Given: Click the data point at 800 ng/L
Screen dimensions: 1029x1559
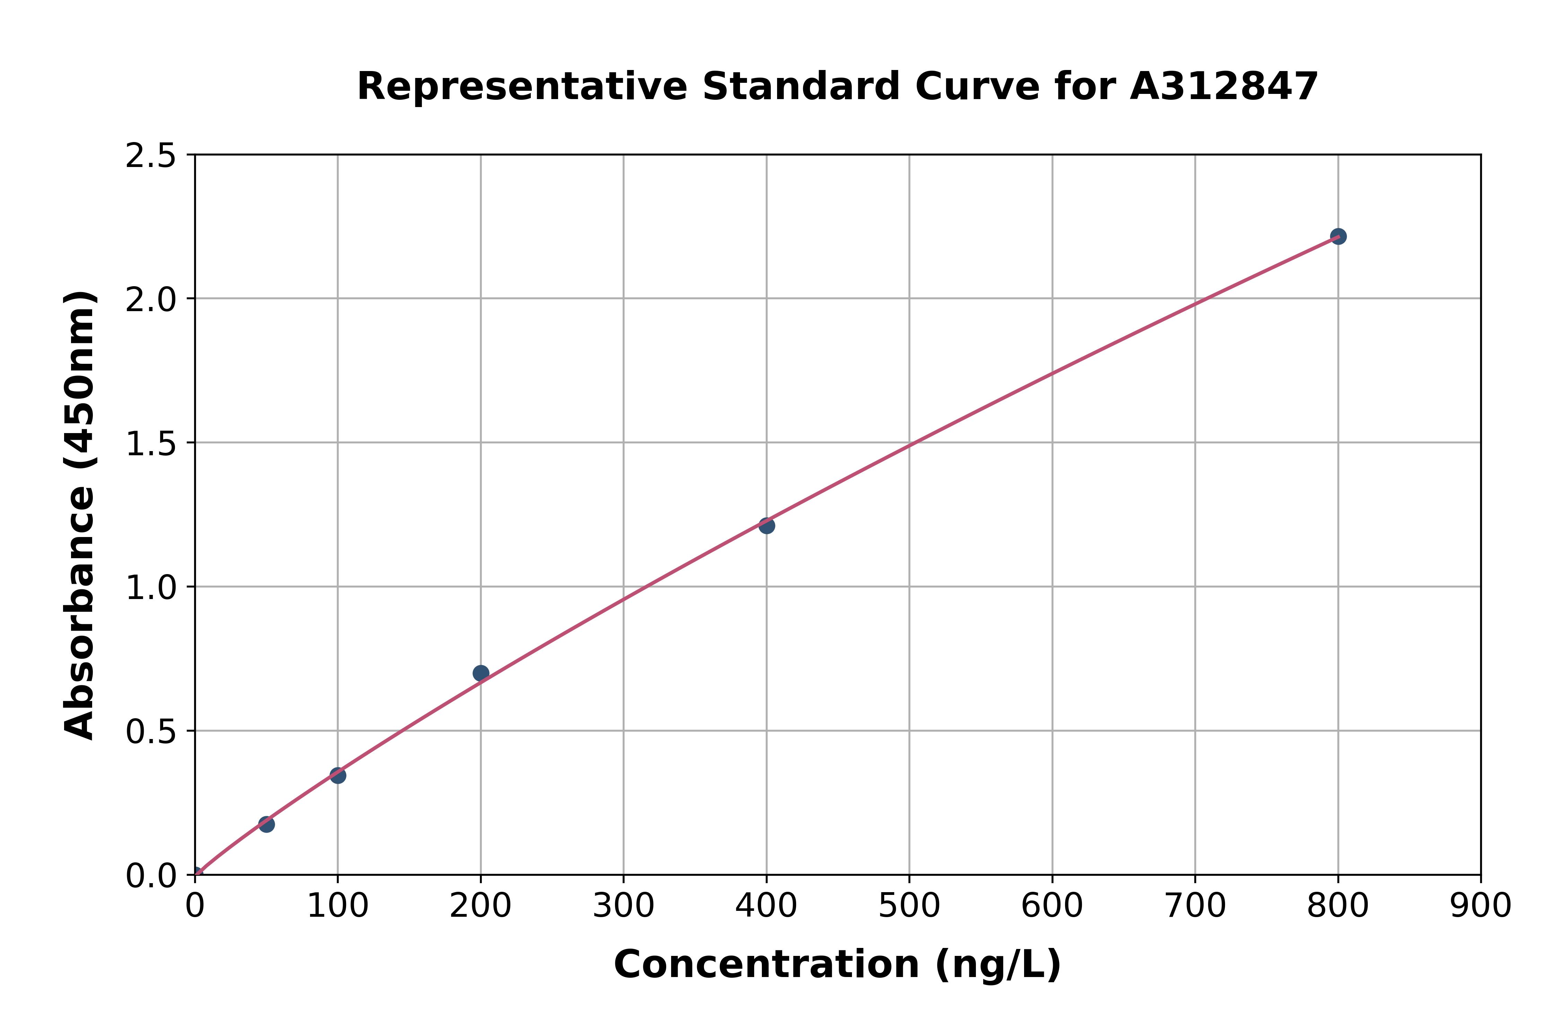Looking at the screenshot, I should (x=1338, y=236).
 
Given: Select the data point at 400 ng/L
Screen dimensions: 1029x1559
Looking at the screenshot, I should (x=766, y=526).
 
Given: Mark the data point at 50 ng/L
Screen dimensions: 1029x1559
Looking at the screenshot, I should (x=266, y=824).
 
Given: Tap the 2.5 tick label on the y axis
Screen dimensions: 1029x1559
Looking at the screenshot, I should (x=151, y=156).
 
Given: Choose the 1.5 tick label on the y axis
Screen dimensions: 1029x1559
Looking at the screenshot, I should (x=151, y=444).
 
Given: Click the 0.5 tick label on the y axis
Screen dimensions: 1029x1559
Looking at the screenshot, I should (x=151, y=732).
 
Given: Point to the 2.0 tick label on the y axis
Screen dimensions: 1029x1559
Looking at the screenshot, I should (x=151, y=300).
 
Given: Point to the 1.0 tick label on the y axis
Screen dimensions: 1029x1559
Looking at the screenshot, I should (x=151, y=588).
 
